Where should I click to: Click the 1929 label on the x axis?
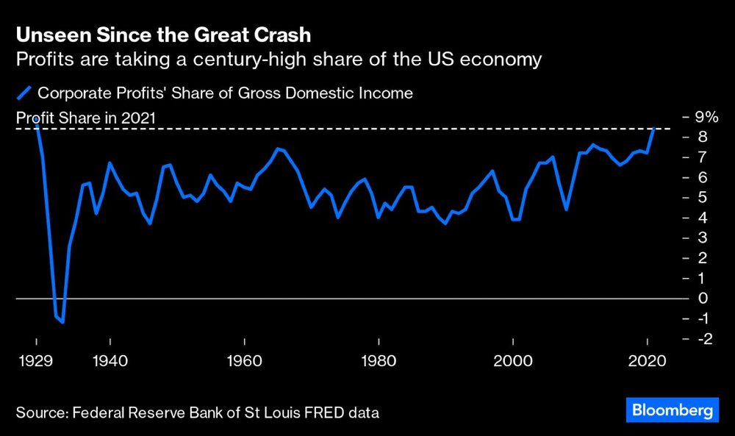36,362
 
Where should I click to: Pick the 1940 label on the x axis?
110,362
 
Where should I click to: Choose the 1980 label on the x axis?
379,362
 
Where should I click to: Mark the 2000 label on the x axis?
513,362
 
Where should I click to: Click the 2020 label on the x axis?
647,362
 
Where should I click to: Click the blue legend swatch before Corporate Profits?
24,93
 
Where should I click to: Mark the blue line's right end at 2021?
653,128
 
